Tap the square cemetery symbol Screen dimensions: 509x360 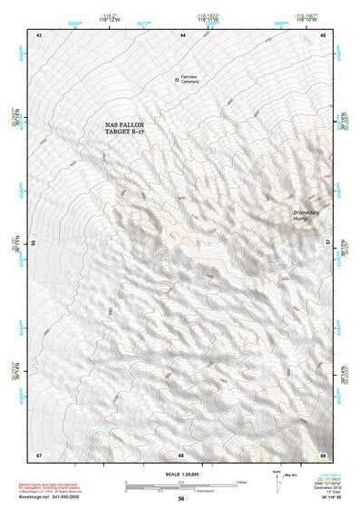point(177,81)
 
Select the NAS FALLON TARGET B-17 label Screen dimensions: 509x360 point(130,128)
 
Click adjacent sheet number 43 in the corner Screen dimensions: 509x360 point(39,34)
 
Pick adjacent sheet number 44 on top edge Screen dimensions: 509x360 point(182,34)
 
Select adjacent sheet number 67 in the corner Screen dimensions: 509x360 point(39,454)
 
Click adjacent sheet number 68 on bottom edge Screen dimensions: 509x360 point(181,454)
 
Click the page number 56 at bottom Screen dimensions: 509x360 point(181,498)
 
